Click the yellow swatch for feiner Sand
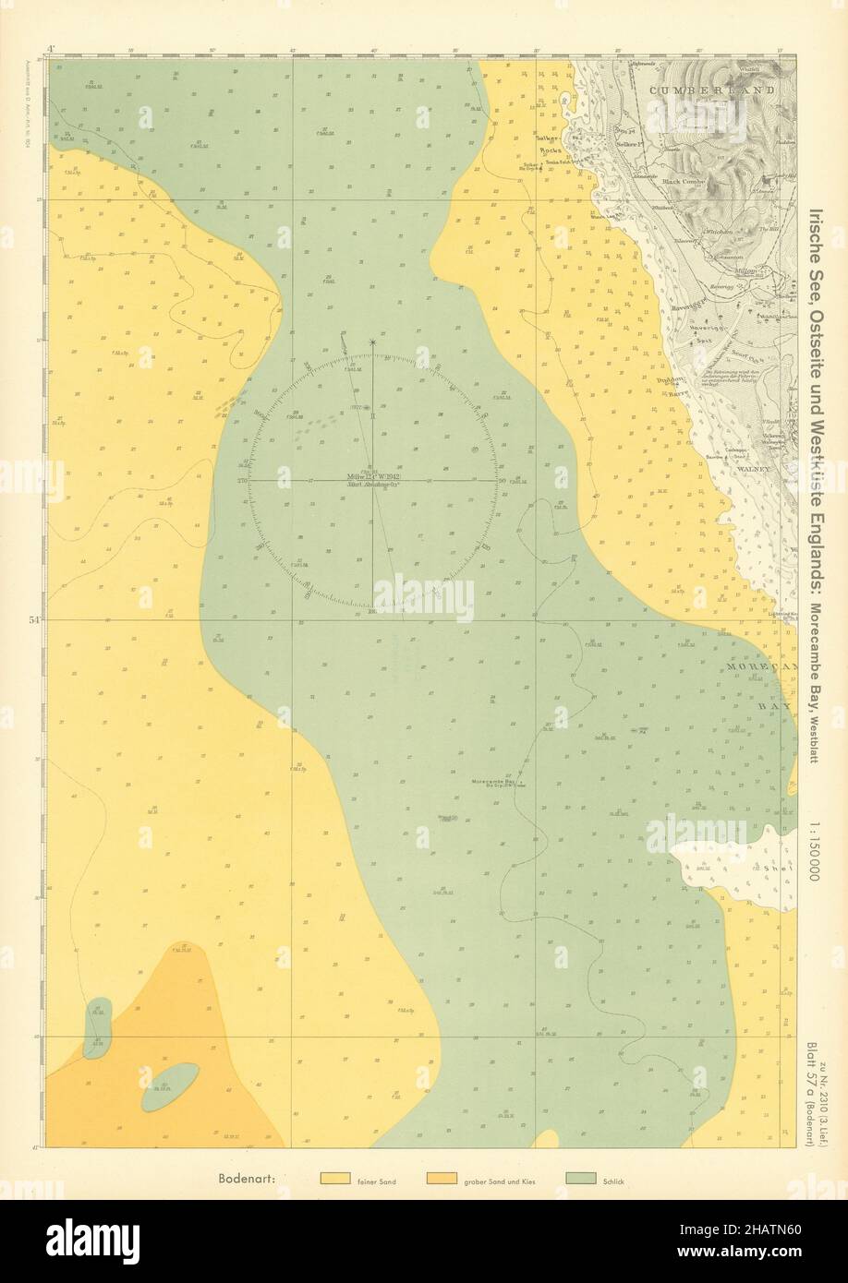(x=333, y=1179)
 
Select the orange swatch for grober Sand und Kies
(x=441, y=1179)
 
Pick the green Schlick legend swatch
(x=582, y=1179)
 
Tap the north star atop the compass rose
(x=373, y=342)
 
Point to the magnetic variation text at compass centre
(x=373, y=480)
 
